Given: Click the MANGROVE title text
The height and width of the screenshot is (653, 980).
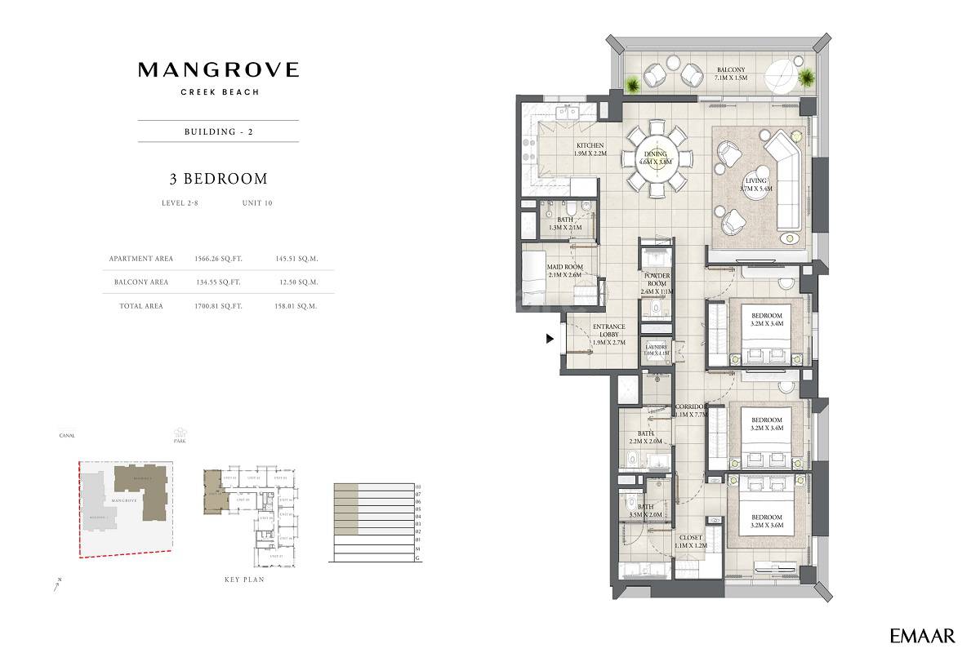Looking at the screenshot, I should [x=218, y=70].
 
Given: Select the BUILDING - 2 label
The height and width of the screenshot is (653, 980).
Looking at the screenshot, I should [x=218, y=131].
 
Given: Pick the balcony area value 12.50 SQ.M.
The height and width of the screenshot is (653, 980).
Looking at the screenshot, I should [x=297, y=282].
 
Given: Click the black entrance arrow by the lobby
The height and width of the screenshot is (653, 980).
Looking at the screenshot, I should [x=550, y=338].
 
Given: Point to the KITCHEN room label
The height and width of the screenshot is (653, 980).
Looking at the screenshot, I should [x=589, y=149].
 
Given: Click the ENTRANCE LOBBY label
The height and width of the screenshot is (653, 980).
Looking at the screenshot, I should [x=608, y=335].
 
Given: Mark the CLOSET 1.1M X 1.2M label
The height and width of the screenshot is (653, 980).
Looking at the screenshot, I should [x=690, y=542].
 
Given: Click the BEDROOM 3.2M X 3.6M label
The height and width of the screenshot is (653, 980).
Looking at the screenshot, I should [x=766, y=522].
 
